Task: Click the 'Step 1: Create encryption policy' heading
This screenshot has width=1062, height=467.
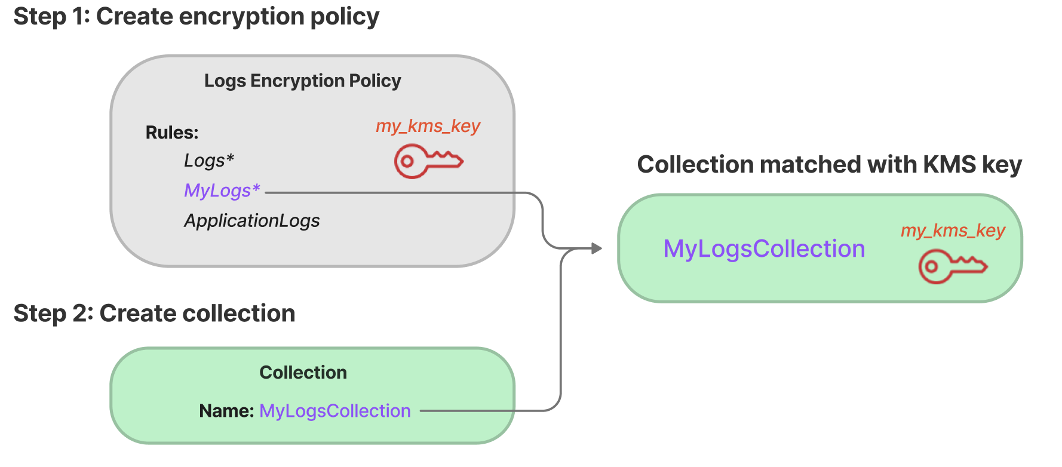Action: pyautogui.click(x=196, y=17)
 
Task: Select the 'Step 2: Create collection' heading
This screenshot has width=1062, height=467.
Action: pyautogui.click(x=154, y=314)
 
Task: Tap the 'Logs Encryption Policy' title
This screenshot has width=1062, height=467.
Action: pyautogui.click(x=302, y=81)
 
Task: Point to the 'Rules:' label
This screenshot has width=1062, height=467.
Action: pyautogui.click(x=171, y=133)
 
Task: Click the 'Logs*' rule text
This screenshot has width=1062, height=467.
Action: pyautogui.click(x=208, y=161)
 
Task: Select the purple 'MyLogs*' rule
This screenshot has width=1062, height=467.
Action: pyautogui.click(x=222, y=191)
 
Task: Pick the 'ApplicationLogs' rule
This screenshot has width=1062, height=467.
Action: pyautogui.click(x=251, y=221)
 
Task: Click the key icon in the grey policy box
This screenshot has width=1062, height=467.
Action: pyautogui.click(x=428, y=161)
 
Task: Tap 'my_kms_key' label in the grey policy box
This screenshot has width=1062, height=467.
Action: pyautogui.click(x=428, y=126)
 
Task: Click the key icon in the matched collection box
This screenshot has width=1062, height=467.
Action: pyautogui.click(x=952, y=266)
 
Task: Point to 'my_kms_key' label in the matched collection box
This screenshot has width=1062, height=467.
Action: pyautogui.click(x=953, y=231)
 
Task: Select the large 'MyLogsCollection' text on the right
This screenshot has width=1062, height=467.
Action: pyautogui.click(x=764, y=249)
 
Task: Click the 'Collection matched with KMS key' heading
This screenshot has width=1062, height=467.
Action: pyautogui.click(x=829, y=165)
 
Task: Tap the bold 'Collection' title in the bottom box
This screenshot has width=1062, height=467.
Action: pyautogui.click(x=303, y=373)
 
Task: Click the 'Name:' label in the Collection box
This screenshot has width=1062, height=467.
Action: pyautogui.click(x=226, y=411)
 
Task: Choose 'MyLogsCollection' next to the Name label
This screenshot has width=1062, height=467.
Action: pyautogui.click(x=334, y=411)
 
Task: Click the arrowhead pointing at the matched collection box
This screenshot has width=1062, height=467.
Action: pyautogui.click(x=596, y=248)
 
